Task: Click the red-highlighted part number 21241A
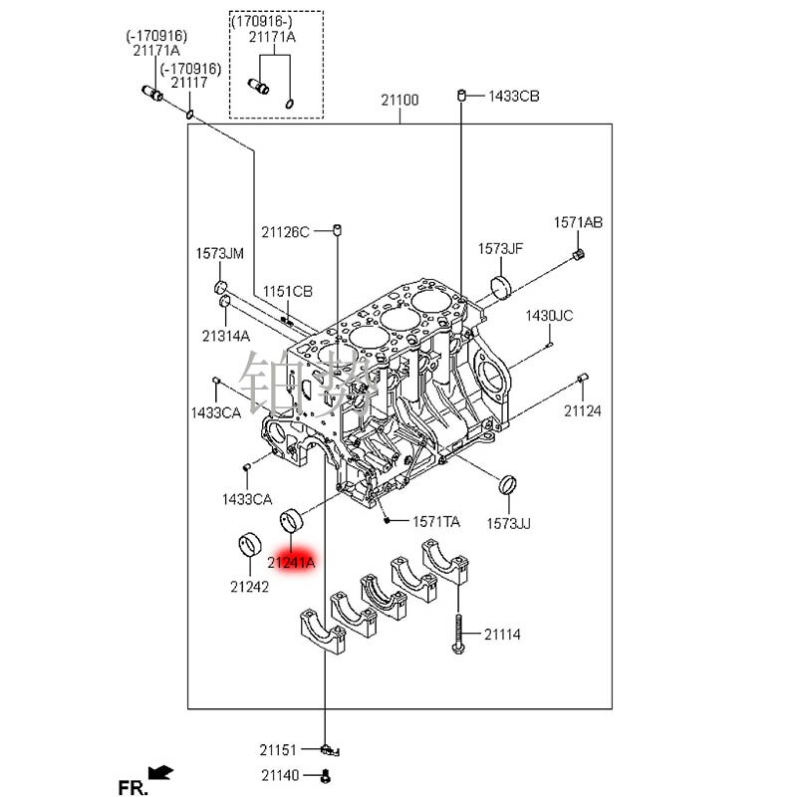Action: pos(291,563)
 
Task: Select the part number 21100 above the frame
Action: pos(399,100)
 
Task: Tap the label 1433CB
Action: pos(513,97)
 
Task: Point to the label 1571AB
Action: pos(578,222)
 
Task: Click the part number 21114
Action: pos(502,635)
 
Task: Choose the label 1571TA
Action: pos(437,521)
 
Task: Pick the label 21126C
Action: pos(286,231)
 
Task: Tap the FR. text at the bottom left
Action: pos(133,787)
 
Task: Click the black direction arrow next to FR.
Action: pos(159,771)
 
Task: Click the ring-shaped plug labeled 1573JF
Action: pos(504,289)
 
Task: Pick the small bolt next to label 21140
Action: pos(326,775)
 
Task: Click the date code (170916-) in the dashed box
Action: pos(263,21)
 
